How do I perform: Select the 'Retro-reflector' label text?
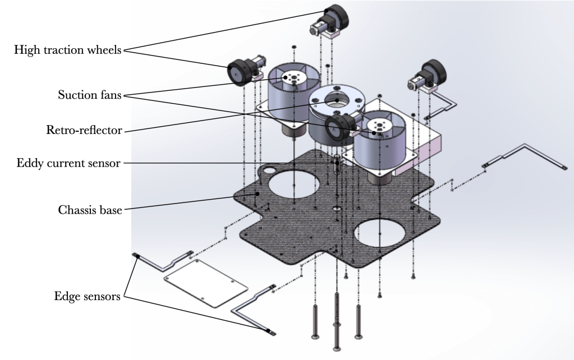(85, 131)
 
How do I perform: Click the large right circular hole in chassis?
(384, 232)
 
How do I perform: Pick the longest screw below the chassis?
(336, 320)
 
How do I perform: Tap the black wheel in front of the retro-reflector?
(337, 124)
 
